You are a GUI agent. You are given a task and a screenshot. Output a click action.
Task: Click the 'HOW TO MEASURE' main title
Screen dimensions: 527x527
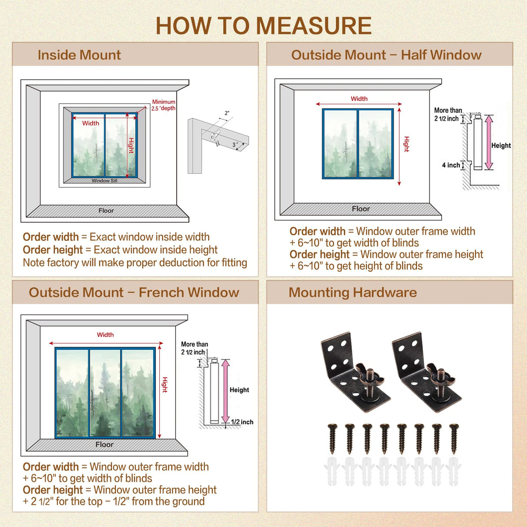pos(263,26)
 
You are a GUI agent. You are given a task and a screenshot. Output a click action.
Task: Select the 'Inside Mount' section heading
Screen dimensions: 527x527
pos(79,55)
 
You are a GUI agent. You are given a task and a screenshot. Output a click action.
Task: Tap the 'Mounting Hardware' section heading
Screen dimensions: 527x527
pos(352,293)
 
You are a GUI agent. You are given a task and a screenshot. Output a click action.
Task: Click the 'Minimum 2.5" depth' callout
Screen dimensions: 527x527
pos(164,105)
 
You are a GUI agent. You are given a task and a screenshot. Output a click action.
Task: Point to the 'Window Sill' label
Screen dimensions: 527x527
pos(104,181)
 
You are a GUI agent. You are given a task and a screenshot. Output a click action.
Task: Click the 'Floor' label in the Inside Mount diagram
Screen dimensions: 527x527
pos(106,211)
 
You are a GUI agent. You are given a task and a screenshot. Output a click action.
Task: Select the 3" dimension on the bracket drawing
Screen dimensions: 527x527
pos(235,145)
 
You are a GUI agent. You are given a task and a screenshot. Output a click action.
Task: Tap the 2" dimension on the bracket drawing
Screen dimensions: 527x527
pos(227,113)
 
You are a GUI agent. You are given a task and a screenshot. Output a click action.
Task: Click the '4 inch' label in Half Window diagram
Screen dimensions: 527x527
pos(451,165)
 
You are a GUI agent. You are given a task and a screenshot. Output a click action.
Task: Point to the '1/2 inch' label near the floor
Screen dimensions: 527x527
pos(242,422)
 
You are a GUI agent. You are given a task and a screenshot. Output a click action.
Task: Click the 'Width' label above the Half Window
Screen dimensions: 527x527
pos(359,99)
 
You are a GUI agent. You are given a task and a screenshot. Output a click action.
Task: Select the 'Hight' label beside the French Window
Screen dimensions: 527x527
pos(165,385)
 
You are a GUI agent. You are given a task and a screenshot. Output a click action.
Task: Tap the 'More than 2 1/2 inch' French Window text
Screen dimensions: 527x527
pos(194,348)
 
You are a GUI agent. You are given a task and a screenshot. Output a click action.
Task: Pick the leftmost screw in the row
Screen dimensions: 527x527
pos(333,439)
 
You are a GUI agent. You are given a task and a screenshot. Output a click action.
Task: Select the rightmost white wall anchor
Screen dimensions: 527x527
pos(454,471)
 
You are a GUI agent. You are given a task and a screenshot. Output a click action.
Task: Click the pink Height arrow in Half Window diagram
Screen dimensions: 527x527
pos(489,142)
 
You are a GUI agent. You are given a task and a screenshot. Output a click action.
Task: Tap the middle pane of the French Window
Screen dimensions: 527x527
pos(105,393)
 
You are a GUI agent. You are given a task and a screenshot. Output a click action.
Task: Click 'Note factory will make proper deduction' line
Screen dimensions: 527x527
pos(135,263)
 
